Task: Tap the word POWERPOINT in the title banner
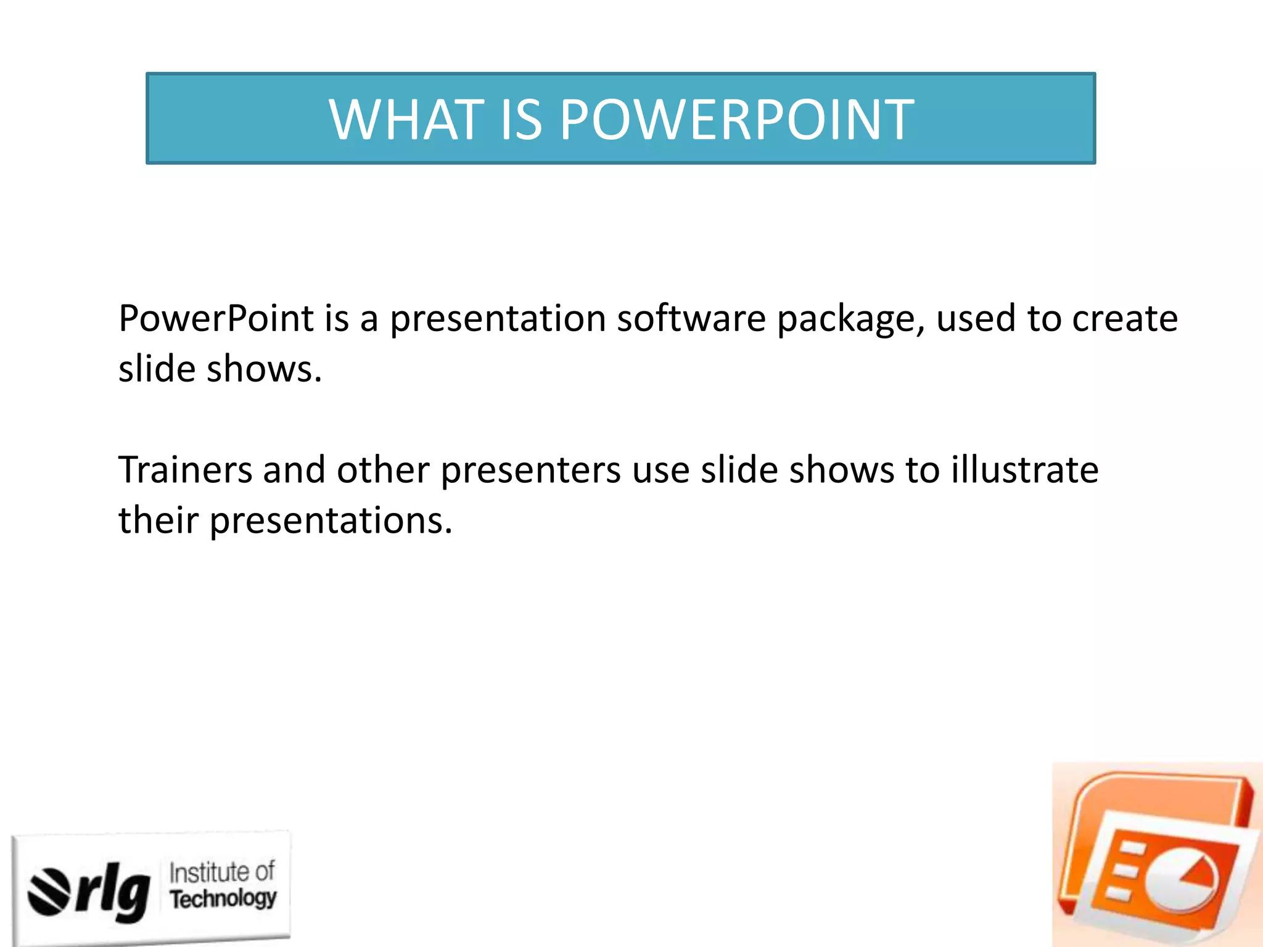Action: coord(737,120)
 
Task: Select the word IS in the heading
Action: coord(521,120)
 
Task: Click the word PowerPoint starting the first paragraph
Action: coord(216,319)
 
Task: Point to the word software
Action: coord(691,319)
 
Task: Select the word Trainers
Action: coord(185,470)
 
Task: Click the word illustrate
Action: coord(1024,470)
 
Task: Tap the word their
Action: coord(158,520)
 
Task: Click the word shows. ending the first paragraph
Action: coord(264,369)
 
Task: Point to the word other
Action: coord(382,470)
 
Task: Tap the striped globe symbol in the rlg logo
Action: coord(49,892)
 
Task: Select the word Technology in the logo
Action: coord(223,898)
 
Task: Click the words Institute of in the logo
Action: coord(222,872)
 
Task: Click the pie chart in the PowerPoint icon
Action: coord(1181,879)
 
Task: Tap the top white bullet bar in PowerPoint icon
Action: coord(1132,850)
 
